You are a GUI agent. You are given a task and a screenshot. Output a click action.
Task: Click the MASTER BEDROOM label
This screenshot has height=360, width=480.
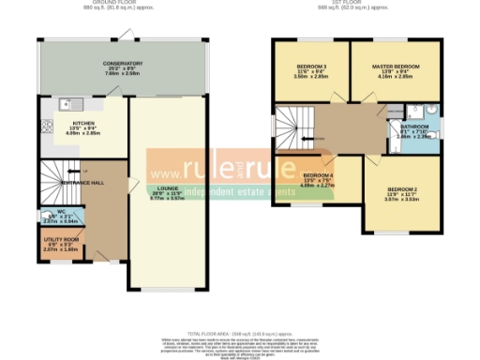395,67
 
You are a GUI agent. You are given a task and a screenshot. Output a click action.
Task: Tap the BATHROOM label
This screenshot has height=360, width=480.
415,126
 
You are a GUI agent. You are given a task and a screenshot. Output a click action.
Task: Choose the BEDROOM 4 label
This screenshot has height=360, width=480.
319,175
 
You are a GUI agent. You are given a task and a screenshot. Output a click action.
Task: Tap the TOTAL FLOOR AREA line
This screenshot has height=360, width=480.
241,333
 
